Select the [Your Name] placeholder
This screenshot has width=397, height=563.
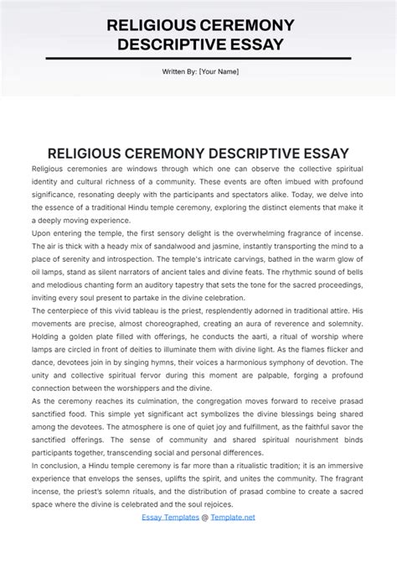pyautogui.click(x=219, y=71)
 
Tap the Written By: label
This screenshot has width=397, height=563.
pyautogui.click(x=179, y=71)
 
